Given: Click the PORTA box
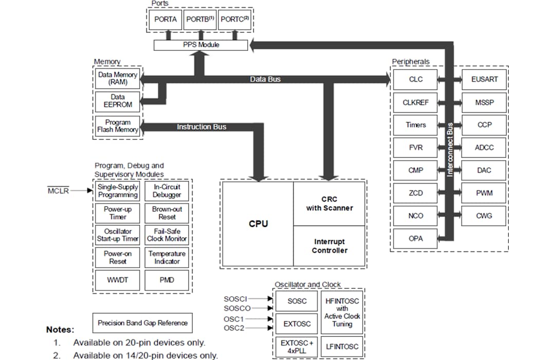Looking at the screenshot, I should [165, 20].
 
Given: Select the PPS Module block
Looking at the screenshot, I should [201, 45].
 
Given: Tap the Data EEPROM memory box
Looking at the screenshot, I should [118, 101].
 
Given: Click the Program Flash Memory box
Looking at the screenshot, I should [118, 126].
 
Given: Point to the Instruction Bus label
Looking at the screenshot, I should [201, 127].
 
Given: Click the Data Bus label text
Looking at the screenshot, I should [265, 79].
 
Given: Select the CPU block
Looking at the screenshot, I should [258, 224].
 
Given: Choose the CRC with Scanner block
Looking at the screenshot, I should [329, 204].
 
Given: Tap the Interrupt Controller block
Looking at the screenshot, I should [329, 246].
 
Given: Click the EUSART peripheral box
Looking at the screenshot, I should [484, 80].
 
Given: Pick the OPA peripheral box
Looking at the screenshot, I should [415, 239].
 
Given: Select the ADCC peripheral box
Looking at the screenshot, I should [484, 148].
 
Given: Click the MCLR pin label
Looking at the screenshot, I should [58, 191].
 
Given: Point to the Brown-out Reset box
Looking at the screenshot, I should [167, 213].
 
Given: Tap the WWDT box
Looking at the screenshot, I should [118, 280].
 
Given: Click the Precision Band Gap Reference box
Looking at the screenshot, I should [142, 323].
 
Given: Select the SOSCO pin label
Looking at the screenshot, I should [237, 308].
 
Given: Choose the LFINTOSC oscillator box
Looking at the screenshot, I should [342, 347].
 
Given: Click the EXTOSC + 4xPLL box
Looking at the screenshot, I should [297, 347].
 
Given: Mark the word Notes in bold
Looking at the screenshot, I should [60, 330].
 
